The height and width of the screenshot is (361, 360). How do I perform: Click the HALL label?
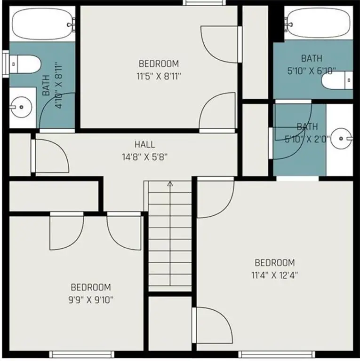click(145, 145)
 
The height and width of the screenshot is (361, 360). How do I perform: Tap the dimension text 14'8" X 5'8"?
click(145, 157)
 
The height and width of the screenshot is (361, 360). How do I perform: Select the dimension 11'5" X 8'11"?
click(159, 76)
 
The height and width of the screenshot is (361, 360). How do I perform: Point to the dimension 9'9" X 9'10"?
click(91, 300)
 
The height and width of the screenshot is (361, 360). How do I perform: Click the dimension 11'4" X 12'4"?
click(275, 275)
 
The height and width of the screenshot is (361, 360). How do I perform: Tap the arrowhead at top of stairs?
click(170, 183)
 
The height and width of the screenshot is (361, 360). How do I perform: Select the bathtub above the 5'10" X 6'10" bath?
click(318, 24)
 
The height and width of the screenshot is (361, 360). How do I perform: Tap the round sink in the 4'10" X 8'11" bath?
click(21, 107)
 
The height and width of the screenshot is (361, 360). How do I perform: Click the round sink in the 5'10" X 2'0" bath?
click(341, 138)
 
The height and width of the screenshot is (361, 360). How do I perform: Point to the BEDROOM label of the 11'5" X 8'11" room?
click(159, 64)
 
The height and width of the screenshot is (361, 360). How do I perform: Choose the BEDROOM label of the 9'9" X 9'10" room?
click(91, 287)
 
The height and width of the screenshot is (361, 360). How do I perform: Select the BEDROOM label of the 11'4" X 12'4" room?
click(275, 262)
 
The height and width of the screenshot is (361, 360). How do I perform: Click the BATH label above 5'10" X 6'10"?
click(312, 58)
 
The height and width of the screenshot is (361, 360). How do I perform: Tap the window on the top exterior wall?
click(204, 2)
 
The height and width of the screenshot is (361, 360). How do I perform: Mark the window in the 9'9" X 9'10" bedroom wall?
click(82, 354)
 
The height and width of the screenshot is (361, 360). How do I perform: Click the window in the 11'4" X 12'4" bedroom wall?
click(277, 354)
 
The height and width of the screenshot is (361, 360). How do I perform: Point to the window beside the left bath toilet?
click(5, 64)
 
